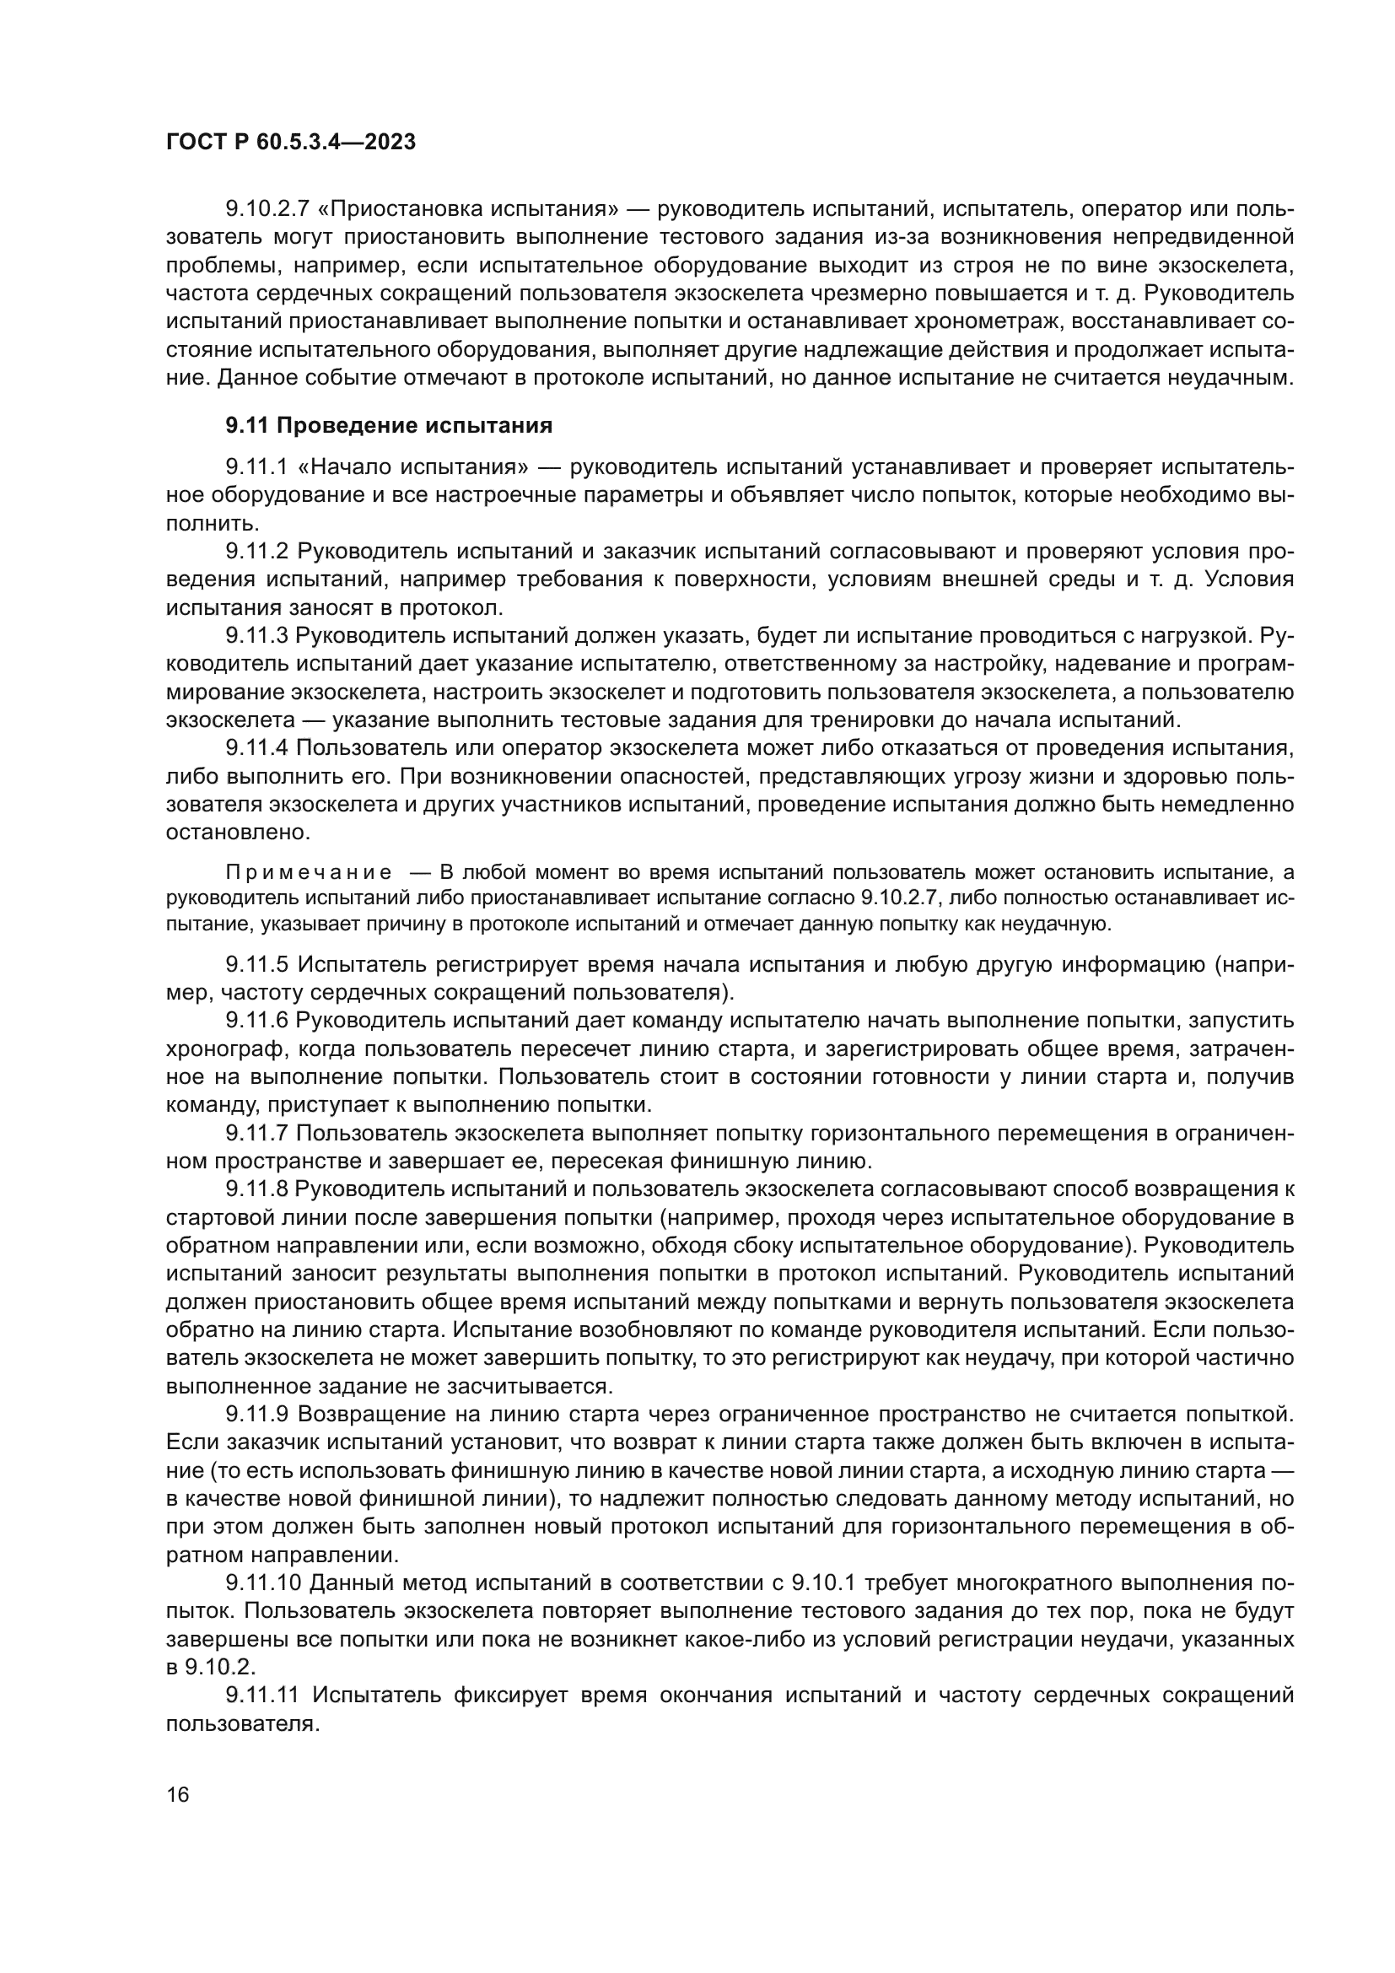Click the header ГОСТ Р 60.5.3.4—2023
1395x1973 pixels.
[290, 143]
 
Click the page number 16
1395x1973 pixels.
[178, 1794]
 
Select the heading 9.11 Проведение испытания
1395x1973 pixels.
[389, 425]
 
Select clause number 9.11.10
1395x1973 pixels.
[262, 1582]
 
